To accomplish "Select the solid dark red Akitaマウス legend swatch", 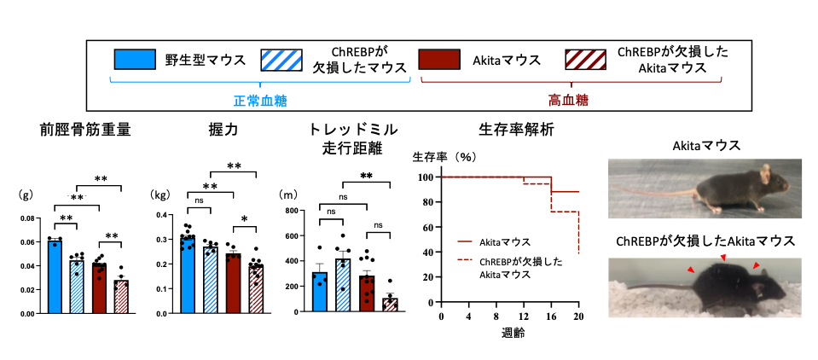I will click(x=440, y=60).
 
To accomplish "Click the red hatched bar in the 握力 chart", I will click(x=256, y=290).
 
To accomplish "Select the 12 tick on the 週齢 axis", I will click(x=523, y=317).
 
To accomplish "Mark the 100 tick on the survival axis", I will click(x=425, y=177).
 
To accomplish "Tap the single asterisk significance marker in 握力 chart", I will click(x=246, y=220).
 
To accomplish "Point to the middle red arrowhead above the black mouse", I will click(x=723, y=257).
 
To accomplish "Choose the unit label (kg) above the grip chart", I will click(x=160, y=195).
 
